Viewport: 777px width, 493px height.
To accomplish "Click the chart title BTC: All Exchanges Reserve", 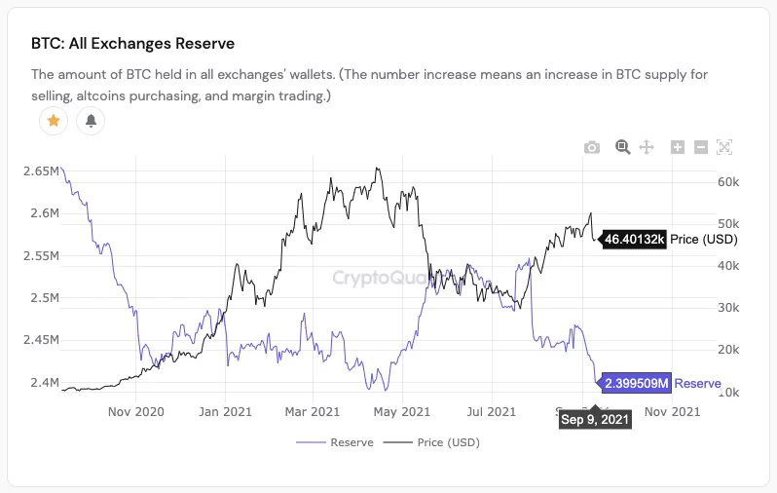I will point(133,44).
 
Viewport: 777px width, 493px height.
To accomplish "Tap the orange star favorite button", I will point(54,121).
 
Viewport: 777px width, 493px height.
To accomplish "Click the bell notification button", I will point(91,121).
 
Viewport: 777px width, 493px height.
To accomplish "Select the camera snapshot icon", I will point(592,147).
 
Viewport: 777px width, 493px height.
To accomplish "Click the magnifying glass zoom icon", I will point(622,147).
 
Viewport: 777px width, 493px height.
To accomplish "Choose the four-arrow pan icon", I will point(646,147).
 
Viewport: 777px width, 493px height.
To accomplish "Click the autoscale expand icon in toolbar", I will point(723,147).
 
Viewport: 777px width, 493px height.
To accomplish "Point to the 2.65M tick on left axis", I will point(41,171).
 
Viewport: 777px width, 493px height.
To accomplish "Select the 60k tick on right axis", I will point(730,182).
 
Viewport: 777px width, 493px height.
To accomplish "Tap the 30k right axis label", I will point(730,308).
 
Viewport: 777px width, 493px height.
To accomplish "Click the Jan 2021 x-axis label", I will point(225,411).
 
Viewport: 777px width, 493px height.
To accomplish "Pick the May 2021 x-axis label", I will point(402,411).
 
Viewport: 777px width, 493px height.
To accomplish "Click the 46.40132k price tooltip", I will point(634,239).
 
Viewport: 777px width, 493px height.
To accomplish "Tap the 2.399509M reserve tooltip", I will point(637,384).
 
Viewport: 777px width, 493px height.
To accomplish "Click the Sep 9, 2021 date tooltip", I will point(595,419).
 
